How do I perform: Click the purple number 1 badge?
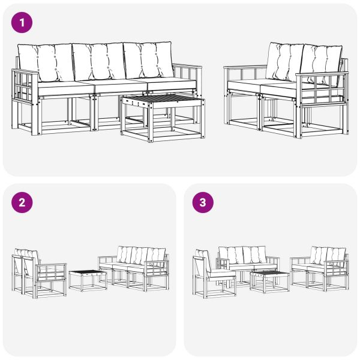(23, 23)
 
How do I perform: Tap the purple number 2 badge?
(23, 203)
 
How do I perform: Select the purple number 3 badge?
(203, 203)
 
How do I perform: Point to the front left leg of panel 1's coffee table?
(124, 123)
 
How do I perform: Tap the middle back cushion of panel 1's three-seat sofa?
(98, 61)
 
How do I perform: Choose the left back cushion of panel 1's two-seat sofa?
(282, 61)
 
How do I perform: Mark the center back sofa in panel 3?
(246, 261)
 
